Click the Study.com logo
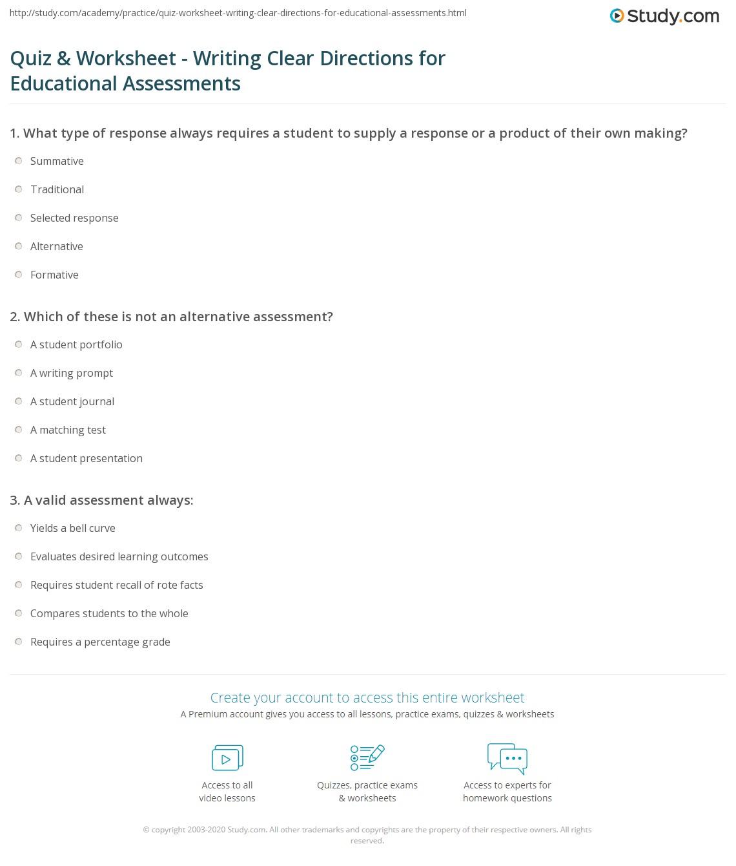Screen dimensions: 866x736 [664, 16]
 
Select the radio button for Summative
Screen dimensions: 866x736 [19, 161]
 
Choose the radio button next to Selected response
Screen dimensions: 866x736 [19, 218]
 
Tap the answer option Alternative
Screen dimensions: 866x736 [57, 246]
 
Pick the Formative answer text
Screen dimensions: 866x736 [54, 275]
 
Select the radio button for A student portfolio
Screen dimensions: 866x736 [19, 344]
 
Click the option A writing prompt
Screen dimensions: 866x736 [72, 373]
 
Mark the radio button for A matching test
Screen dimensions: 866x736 [19, 430]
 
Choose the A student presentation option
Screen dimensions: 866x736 [87, 458]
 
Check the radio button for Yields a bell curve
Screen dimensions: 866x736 [19, 528]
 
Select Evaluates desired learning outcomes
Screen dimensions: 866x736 [119, 556]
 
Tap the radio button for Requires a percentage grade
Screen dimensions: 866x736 [19, 642]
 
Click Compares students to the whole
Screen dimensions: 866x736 [109, 613]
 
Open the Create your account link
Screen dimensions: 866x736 [367, 697]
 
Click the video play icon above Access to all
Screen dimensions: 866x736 [227, 758]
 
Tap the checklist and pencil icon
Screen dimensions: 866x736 [367, 757]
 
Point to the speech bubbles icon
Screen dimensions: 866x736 [507, 758]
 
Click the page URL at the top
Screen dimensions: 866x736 [238, 13]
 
